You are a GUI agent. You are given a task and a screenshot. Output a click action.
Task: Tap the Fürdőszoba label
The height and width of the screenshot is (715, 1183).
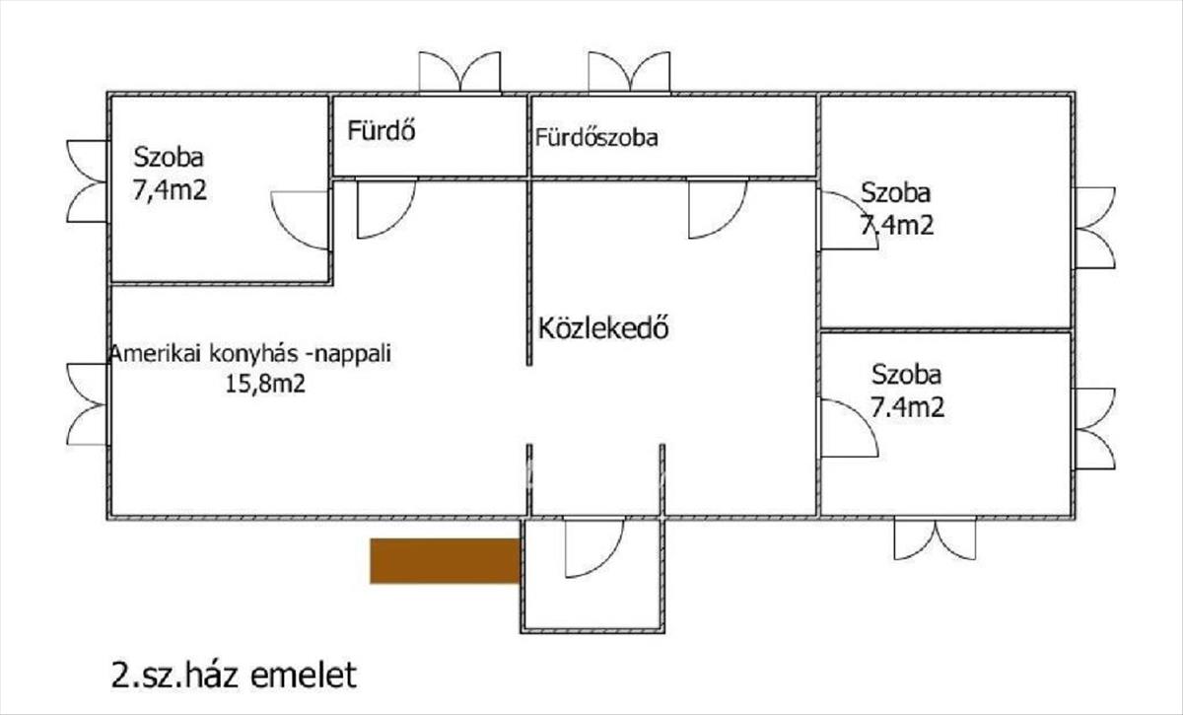[x=596, y=137]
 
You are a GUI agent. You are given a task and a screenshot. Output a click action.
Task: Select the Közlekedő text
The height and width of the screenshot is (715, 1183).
[x=604, y=327]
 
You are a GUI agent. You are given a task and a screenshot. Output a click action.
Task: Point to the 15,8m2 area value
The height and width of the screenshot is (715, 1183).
[x=265, y=385]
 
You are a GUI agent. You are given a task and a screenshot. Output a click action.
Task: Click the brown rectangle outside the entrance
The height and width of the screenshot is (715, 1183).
[x=445, y=561]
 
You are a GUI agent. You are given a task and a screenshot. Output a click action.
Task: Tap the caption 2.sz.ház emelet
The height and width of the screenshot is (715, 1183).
[x=232, y=677]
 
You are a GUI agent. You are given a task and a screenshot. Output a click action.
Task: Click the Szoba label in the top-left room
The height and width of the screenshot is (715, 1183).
[x=170, y=157]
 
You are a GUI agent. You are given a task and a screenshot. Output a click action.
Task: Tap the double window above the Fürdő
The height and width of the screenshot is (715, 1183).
[x=459, y=73]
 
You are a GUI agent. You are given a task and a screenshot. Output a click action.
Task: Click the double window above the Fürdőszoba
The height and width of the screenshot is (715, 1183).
[x=629, y=73]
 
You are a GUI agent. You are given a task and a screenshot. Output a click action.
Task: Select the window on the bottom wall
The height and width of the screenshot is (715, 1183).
[x=935, y=538]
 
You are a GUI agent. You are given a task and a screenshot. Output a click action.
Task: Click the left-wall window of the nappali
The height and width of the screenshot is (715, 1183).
[x=87, y=403]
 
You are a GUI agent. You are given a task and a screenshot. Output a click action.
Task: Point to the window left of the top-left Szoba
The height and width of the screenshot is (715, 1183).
[x=87, y=180]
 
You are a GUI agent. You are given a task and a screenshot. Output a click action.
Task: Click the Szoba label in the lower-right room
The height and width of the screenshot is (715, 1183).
[x=906, y=375]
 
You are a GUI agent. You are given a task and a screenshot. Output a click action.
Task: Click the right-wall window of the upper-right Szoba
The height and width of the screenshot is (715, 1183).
[x=1094, y=228]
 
